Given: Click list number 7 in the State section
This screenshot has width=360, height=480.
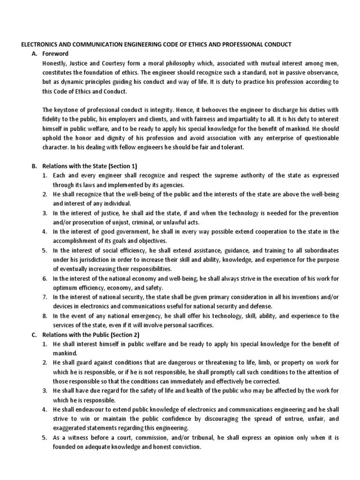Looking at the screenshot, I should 44,297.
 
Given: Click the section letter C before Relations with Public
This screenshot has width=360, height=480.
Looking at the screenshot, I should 32,335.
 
